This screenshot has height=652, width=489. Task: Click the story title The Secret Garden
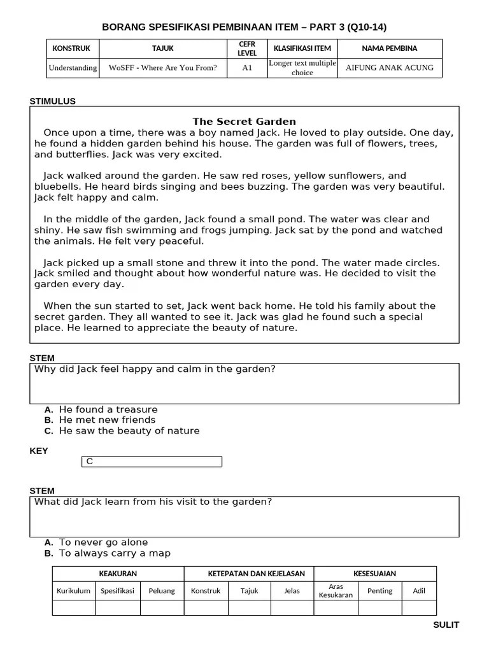[244, 122]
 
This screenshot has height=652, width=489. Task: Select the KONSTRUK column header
[71, 48]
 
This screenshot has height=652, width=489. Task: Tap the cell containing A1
[247, 68]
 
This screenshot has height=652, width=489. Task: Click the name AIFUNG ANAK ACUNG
[389, 68]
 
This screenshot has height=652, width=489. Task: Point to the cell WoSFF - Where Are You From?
[162, 68]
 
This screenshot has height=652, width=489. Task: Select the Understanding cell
[73, 68]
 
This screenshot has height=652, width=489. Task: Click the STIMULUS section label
[53, 101]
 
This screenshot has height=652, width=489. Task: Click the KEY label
[39, 451]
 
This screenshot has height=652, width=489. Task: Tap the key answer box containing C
[152, 462]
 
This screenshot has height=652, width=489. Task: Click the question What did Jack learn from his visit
[153, 502]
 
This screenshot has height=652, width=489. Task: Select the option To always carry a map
[115, 553]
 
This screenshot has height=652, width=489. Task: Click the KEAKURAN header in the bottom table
[118, 574]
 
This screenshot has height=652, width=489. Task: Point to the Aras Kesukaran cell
[336, 591]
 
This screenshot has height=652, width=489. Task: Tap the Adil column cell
[419, 591]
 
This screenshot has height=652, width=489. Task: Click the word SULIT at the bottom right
[446, 625]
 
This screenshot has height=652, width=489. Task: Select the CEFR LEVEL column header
[247, 48]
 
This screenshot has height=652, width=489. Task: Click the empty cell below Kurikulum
[73, 607]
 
